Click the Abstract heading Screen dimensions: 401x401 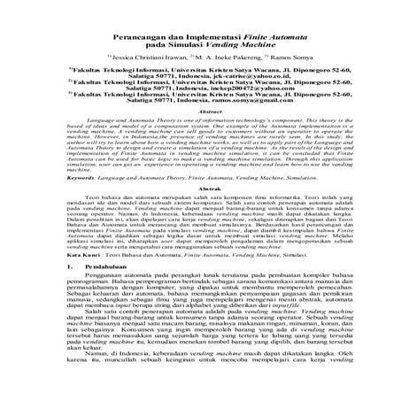pyautogui.click(x=201, y=137)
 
